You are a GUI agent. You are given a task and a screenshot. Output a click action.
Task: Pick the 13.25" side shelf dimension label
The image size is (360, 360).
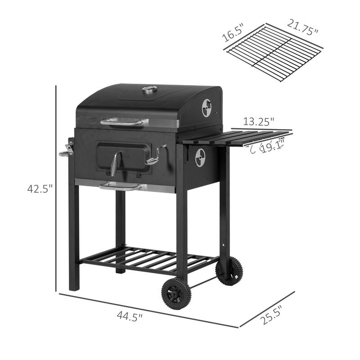259,121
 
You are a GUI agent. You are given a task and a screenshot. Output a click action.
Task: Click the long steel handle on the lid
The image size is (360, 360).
124,121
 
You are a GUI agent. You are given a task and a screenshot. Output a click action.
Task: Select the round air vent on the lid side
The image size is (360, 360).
207,108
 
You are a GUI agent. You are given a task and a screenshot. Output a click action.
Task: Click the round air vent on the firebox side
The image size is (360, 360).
200,157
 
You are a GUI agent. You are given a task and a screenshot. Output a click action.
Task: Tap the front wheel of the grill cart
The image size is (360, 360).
176,293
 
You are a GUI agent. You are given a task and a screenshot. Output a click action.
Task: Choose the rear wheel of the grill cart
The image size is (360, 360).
229,271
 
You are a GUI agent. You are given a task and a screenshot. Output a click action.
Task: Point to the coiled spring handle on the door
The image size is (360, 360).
116,164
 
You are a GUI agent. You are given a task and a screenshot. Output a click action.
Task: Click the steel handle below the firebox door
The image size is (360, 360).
120,186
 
